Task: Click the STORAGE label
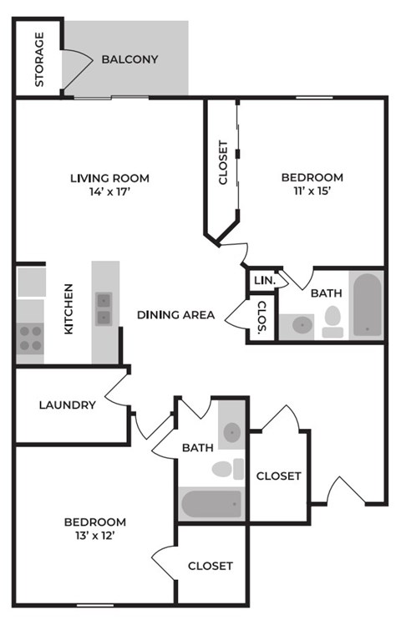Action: (38, 59)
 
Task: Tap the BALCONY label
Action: (129, 59)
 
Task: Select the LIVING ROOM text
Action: (109, 177)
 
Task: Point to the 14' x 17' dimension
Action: (109, 191)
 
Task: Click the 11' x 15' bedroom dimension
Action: (312, 191)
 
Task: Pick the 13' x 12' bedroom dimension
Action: (95, 536)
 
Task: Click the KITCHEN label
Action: (69, 309)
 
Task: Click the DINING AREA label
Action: (176, 315)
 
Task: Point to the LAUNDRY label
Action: (67, 405)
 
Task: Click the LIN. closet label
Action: (261, 281)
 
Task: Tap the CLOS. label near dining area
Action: (261, 319)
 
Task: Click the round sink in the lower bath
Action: (231, 432)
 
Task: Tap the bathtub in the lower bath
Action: (212, 504)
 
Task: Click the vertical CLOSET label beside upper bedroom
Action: (222, 162)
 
